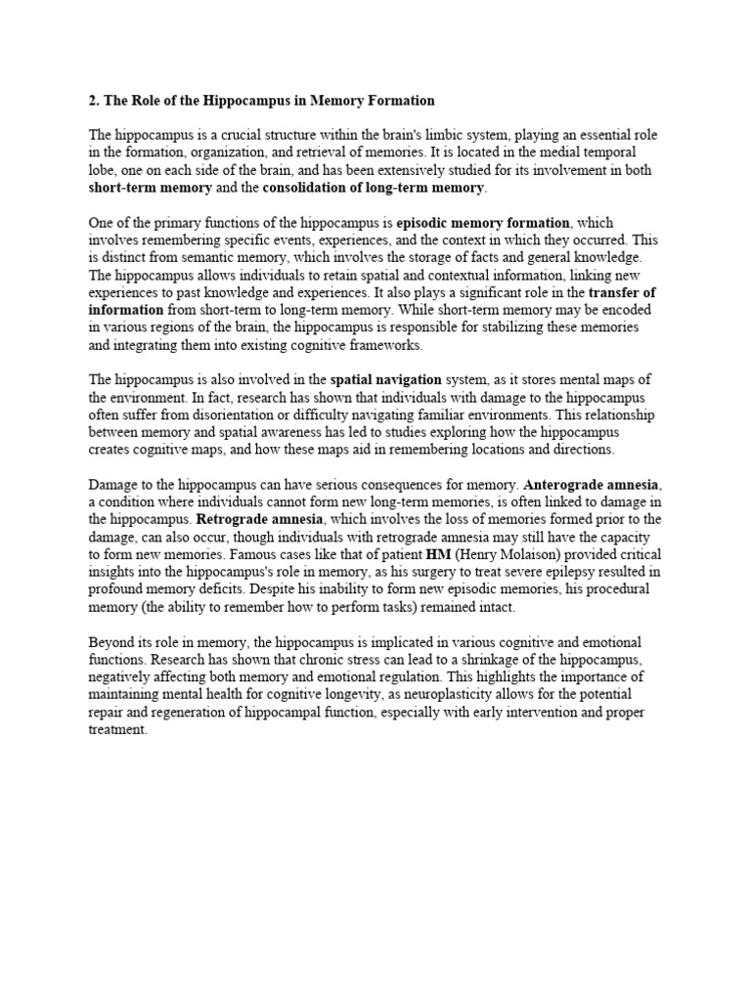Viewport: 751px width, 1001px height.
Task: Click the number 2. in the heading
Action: pyautogui.click(x=94, y=101)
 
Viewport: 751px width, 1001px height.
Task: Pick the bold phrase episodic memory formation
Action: pyautogui.click(x=482, y=223)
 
